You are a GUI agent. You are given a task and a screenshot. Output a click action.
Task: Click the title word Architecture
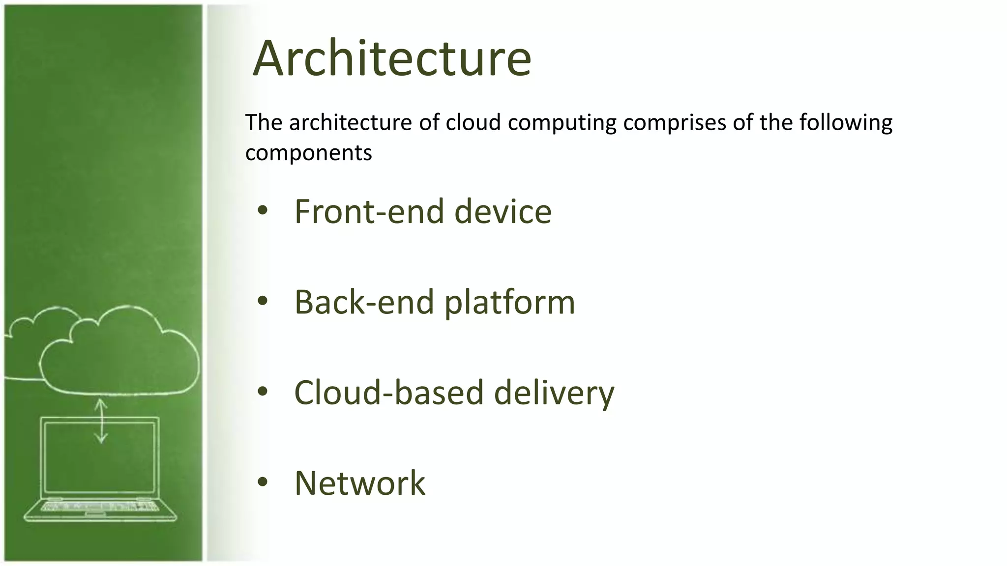pyautogui.click(x=392, y=59)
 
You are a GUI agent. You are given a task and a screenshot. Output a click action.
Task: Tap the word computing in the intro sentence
pyautogui.click(x=562, y=123)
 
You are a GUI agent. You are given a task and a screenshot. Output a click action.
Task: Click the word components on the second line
pyautogui.click(x=308, y=153)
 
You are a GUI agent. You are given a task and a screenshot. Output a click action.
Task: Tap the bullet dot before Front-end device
pyautogui.click(x=263, y=211)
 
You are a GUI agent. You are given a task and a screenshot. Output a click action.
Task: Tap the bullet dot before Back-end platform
pyautogui.click(x=263, y=301)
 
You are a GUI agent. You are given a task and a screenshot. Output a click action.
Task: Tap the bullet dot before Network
pyautogui.click(x=263, y=482)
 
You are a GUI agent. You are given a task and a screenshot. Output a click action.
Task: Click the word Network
pyautogui.click(x=359, y=483)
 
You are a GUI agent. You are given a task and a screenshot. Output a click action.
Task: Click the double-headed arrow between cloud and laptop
pyautogui.click(x=101, y=421)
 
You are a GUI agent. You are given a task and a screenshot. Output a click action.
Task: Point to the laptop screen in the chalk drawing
pyautogui.click(x=100, y=457)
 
